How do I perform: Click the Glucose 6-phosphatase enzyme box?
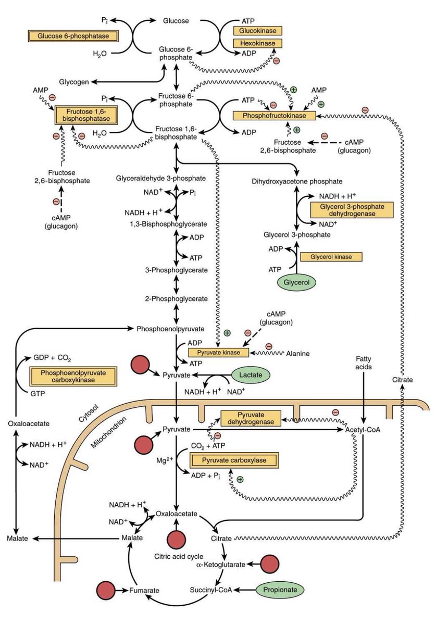tap(72, 36)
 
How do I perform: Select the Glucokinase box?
tap(258, 31)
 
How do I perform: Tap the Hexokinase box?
tap(258, 43)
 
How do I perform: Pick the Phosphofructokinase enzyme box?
tap(273, 115)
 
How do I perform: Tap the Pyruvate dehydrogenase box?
tap(251, 418)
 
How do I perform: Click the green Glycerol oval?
tap(296, 283)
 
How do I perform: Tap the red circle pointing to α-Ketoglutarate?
tap(269, 564)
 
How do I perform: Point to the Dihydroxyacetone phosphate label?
tap(297, 181)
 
